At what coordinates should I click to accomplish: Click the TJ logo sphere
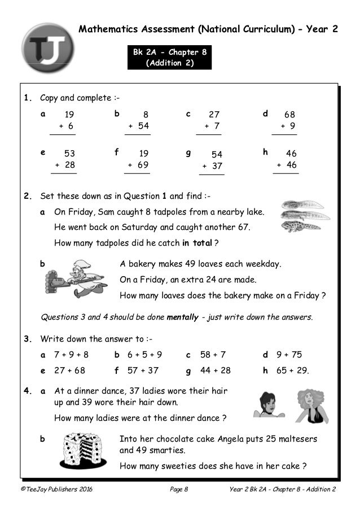(x=47, y=50)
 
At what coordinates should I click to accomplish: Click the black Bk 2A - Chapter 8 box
(x=169, y=58)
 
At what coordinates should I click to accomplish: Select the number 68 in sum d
(x=289, y=115)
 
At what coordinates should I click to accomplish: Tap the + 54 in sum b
(x=139, y=126)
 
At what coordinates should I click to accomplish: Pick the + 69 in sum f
(x=138, y=165)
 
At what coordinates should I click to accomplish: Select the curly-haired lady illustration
(x=313, y=406)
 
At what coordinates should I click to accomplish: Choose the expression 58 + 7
(x=213, y=355)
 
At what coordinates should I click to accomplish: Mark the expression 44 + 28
(x=215, y=370)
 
